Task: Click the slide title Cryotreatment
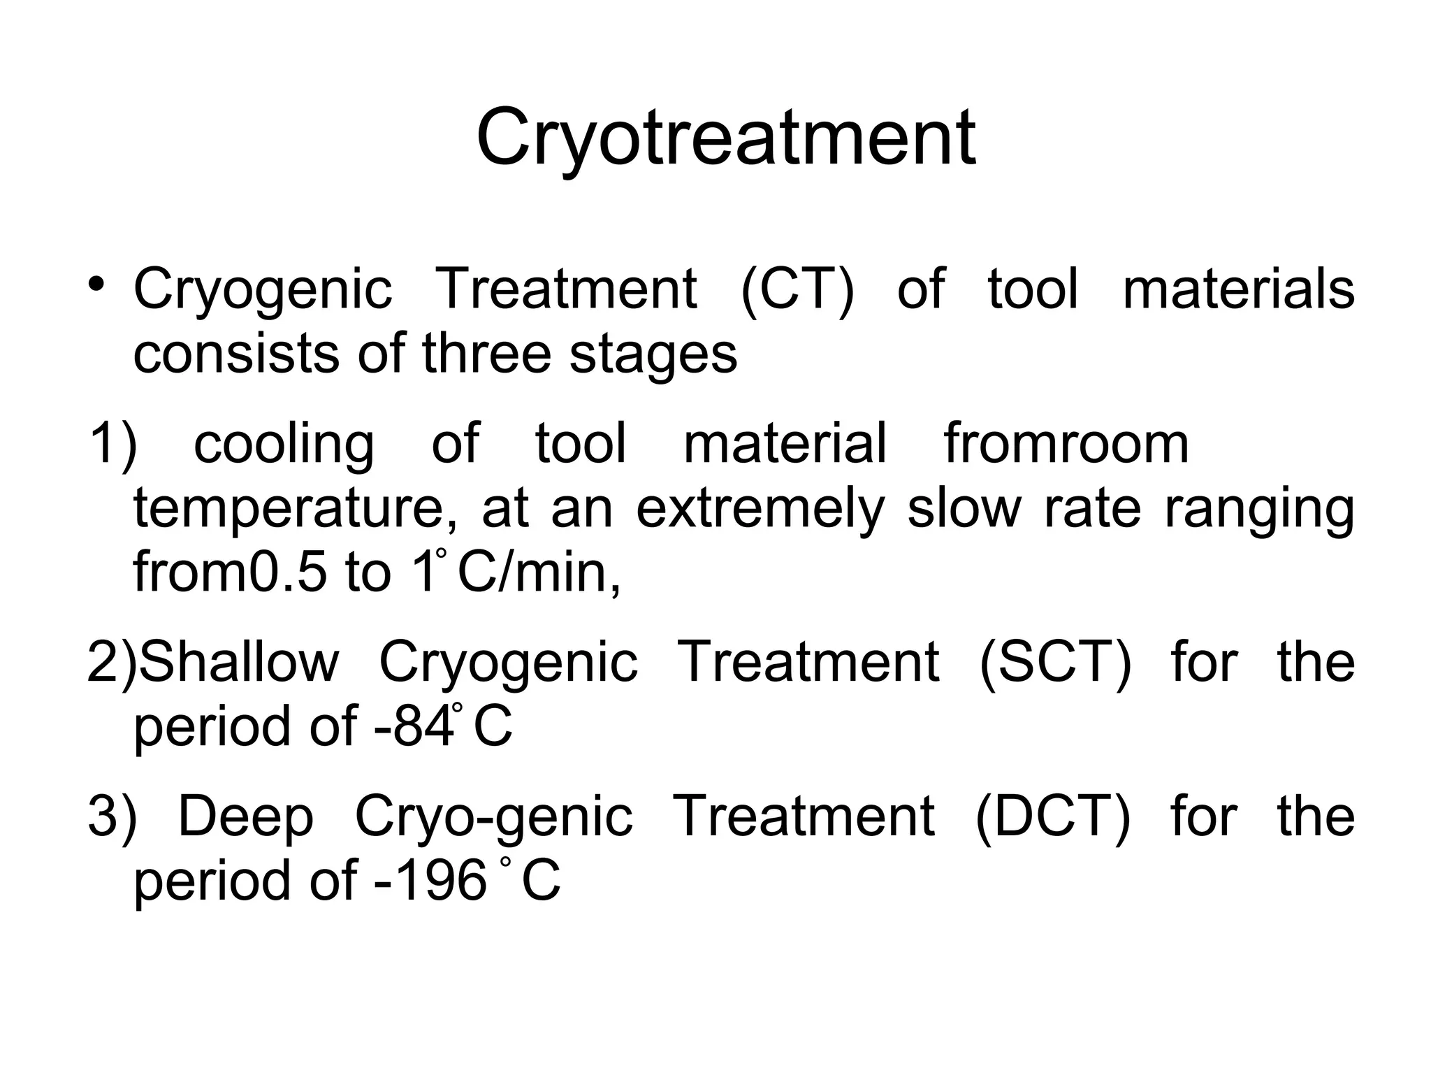(725, 138)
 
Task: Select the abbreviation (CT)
(797, 289)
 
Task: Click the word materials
(1238, 289)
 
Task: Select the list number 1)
(112, 444)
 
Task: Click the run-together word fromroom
(1066, 444)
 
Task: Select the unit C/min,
(539, 572)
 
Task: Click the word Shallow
(240, 662)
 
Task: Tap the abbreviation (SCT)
(1055, 662)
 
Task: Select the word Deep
(246, 817)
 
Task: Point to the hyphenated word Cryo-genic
(494, 817)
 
